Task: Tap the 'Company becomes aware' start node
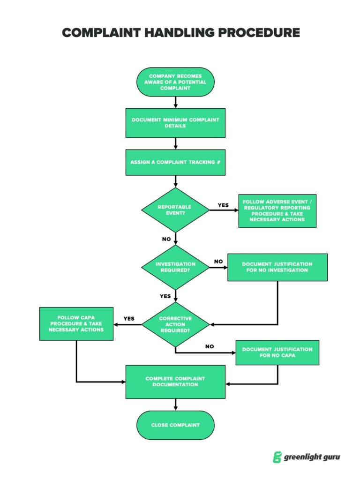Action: pyautogui.click(x=175, y=82)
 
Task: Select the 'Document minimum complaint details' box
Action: pyautogui.click(x=175, y=123)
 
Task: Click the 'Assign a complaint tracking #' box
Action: pyautogui.click(x=175, y=162)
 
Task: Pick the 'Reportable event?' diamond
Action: pyautogui.click(x=175, y=210)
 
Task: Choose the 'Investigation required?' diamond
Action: pyautogui.click(x=175, y=267)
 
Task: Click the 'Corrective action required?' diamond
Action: pyautogui.click(x=175, y=324)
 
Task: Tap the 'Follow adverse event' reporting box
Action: pyautogui.click(x=277, y=210)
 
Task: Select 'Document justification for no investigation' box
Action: pyautogui.click(x=277, y=267)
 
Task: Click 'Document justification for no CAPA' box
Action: pyautogui.click(x=277, y=352)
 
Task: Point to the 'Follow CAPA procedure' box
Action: pyautogui.click(x=76, y=323)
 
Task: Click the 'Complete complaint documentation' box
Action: pyautogui.click(x=175, y=382)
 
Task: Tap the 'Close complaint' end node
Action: pyautogui.click(x=175, y=425)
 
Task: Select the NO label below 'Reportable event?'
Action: pyautogui.click(x=166, y=239)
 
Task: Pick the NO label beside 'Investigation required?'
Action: pyautogui.click(x=218, y=262)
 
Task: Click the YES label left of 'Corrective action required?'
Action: pyautogui.click(x=129, y=319)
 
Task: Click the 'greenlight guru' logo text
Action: pyautogui.click(x=312, y=457)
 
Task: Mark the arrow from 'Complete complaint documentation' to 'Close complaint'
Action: pyautogui.click(x=175, y=405)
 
